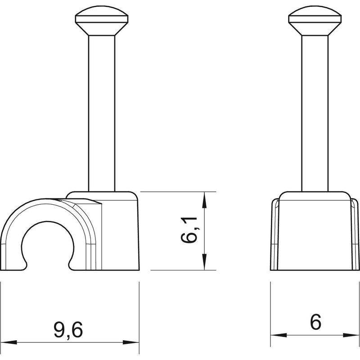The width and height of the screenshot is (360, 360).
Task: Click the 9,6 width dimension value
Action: click(x=68, y=330)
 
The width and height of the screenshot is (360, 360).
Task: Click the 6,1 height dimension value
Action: click(x=189, y=230)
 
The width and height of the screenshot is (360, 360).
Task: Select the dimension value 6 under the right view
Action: click(x=316, y=322)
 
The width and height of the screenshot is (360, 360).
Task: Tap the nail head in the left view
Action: click(x=102, y=21)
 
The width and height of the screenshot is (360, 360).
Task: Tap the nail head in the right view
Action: click(x=315, y=21)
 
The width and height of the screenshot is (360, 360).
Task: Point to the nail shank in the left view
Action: click(x=102, y=113)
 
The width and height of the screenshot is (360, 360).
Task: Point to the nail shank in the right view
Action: click(x=315, y=113)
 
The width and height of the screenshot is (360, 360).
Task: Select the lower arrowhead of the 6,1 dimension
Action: click(x=204, y=262)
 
